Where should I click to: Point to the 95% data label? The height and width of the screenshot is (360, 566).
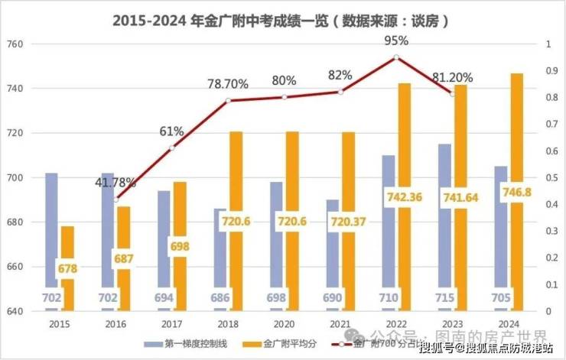click(x=396, y=41)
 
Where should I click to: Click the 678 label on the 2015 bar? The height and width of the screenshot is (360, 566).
click(x=67, y=269)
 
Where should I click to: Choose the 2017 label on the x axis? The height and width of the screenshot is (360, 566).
click(x=171, y=324)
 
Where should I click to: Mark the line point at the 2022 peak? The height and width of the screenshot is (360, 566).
click(x=396, y=57)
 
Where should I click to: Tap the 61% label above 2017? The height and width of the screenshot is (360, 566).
click(x=171, y=131)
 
